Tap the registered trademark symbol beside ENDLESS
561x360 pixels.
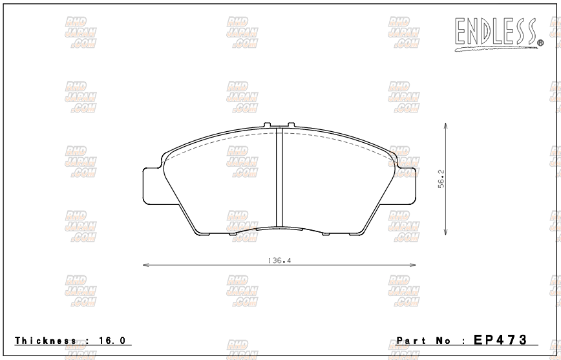pos(540,43)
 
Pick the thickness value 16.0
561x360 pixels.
pos(112,340)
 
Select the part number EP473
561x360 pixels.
pos(501,339)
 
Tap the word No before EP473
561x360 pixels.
pos(445,340)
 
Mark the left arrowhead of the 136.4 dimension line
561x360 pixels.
pos(145,265)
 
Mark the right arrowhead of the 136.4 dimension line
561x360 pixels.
pos(413,265)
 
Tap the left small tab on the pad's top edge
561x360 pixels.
pos(269,125)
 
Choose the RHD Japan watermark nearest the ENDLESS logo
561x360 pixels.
pos(404,32)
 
